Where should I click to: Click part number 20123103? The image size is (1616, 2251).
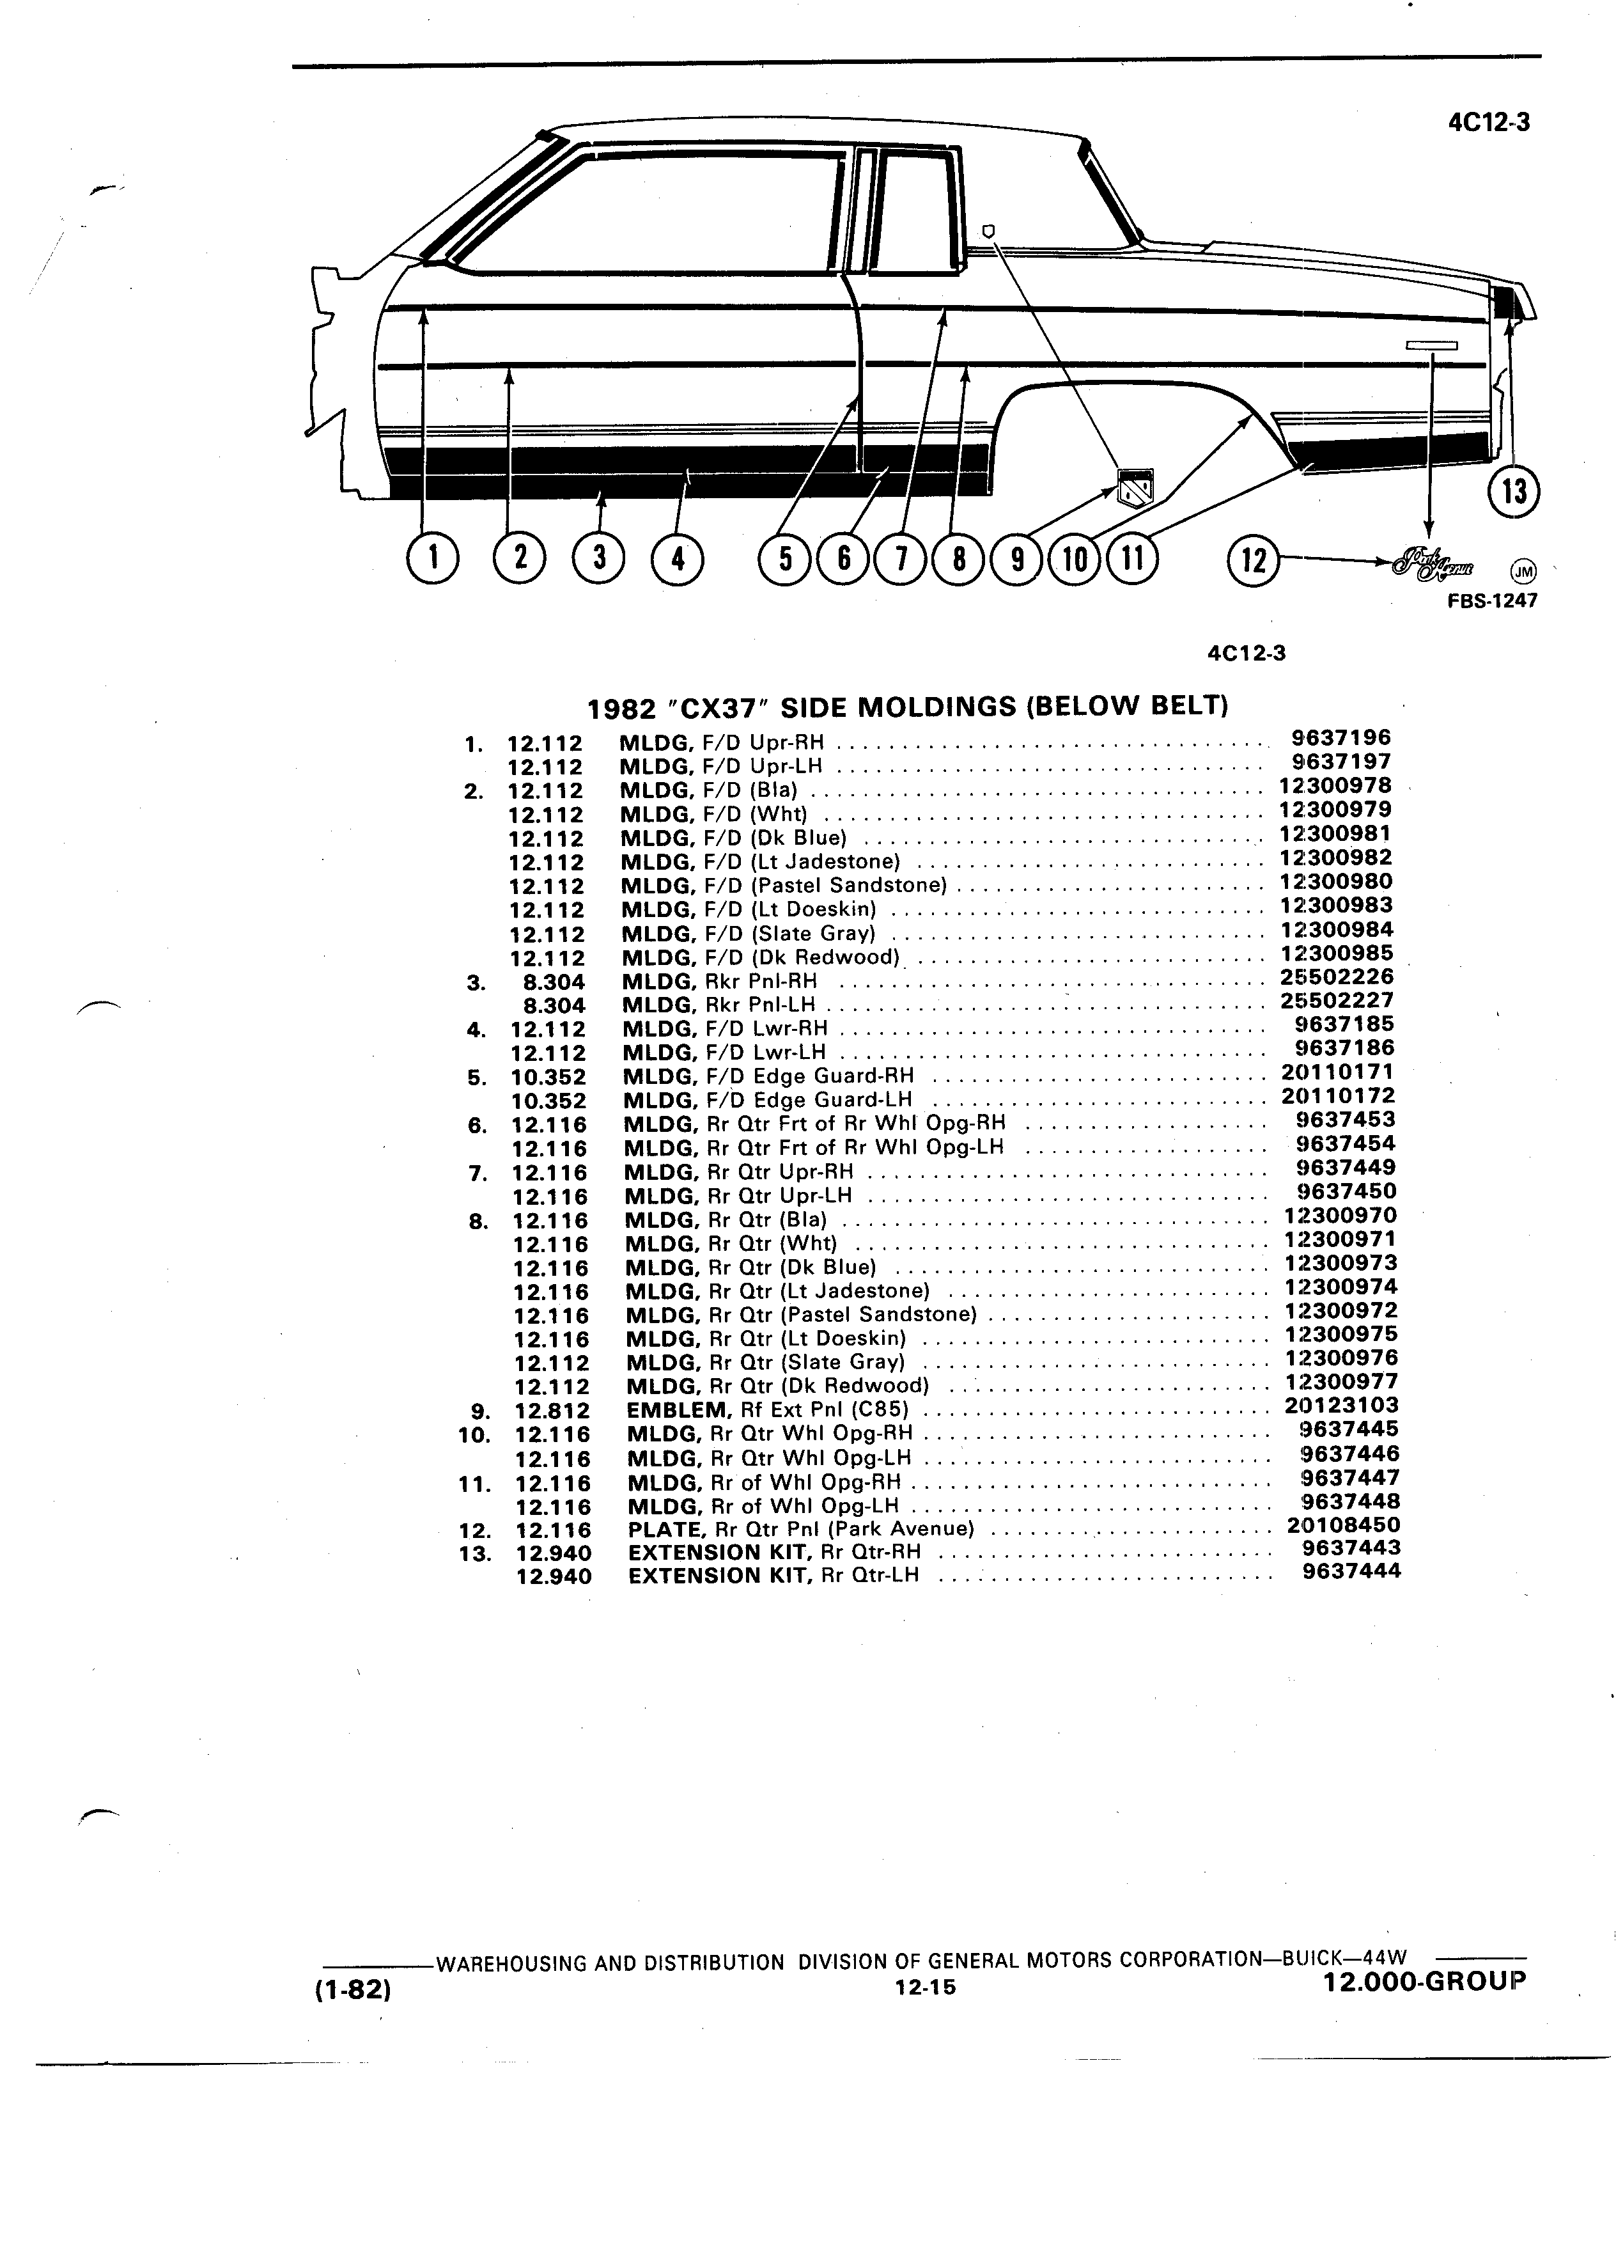coord(1341,1406)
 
